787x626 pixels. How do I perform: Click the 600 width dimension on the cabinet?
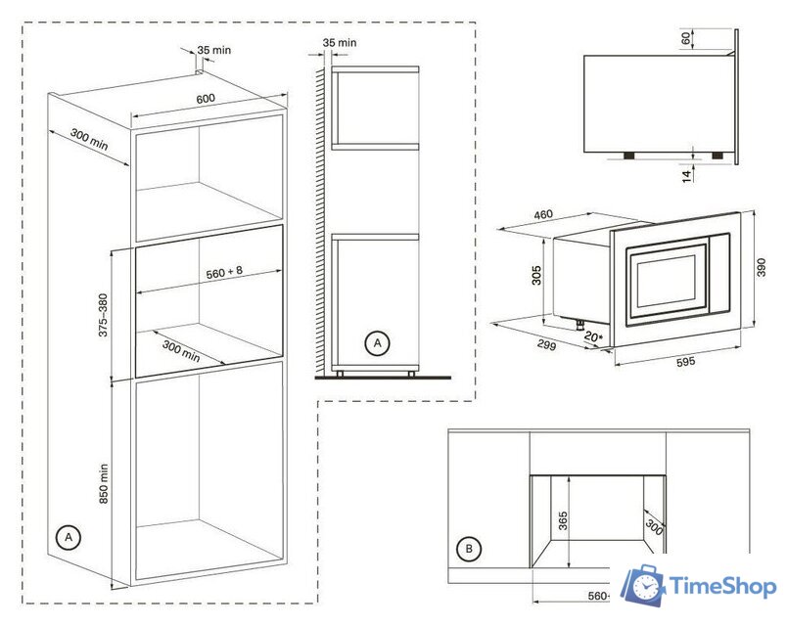(x=205, y=98)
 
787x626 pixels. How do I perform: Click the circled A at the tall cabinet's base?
(x=68, y=537)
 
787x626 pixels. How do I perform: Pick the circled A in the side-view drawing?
(x=376, y=343)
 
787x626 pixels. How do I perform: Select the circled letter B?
(x=471, y=551)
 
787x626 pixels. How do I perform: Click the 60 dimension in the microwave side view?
(x=685, y=39)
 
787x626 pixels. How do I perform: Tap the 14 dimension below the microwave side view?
(x=686, y=175)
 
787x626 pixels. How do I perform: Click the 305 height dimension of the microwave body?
(x=536, y=276)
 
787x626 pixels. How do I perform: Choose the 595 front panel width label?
(x=684, y=363)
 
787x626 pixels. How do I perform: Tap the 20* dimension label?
(x=591, y=337)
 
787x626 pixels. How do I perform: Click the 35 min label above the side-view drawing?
(x=339, y=43)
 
